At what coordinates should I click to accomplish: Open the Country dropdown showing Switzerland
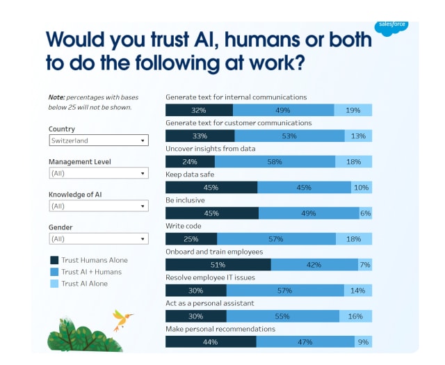click(99, 140)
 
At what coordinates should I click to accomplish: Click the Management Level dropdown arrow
click(143, 173)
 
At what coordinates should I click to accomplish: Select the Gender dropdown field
click(99, 238)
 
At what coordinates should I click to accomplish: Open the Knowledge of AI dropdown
click(99, 206)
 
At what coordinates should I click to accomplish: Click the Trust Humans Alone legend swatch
click(54, 260)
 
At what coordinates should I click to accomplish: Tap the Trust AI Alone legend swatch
click(54, 284)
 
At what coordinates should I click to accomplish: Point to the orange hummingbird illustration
click(122, 320)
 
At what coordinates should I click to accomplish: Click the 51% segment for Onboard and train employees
click(218, 265)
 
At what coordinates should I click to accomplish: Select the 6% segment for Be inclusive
click(366, 213)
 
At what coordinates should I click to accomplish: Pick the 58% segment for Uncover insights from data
click(275, 162)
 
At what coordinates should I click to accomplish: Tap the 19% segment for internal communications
click(353, 110)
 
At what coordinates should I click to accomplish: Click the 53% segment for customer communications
click(289, 136)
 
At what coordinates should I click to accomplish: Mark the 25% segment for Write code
click(191, 239)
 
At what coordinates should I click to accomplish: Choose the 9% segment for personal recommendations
click(363, 342)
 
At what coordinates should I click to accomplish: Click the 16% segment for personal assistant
click(355, 316)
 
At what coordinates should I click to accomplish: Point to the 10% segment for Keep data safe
click(362, 187)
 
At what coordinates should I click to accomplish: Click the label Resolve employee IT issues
click(210, 277)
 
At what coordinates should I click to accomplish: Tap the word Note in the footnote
click(56, 97)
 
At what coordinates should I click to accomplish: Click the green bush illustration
click(84, 336)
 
